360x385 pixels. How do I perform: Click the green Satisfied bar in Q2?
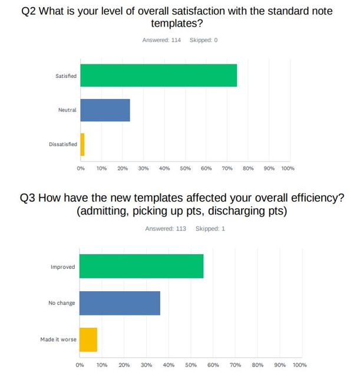[x=158, y=75]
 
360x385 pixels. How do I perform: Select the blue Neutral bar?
[x=105, y=110]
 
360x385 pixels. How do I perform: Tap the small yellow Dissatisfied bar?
[x=82, y=144]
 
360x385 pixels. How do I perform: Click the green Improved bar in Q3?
[x=141, y=266]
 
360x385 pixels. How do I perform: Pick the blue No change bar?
[x=120, y=303]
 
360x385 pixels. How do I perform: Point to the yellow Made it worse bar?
[x=88, y=340]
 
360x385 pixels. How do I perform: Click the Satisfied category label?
[x=66, y=76]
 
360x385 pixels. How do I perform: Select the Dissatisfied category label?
[x=62, y=144]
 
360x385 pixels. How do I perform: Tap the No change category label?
[x=61, y=303]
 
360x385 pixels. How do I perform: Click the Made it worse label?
[x=58, y=340]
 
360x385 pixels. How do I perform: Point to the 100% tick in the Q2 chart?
[x=288, y=169]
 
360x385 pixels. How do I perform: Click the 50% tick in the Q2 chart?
[x=185, y=169]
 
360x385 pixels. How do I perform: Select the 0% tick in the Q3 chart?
[x=80, y=366]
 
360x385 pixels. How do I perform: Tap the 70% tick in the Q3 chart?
[x=235, y=366]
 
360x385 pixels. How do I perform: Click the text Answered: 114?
[x=161, y=40]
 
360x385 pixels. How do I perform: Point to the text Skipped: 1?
[x=210, y=229]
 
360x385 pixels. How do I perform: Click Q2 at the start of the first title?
[x=29, y=11]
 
